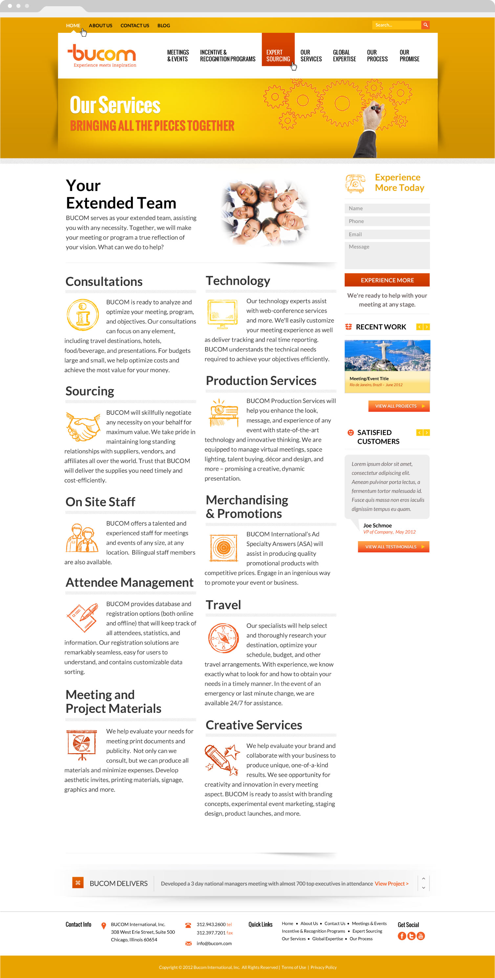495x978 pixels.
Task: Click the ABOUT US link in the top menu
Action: (100, 26)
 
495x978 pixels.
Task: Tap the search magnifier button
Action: (425, 25)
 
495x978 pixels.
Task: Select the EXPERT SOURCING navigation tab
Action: (278, 55)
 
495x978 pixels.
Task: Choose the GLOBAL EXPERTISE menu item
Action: (344, 55)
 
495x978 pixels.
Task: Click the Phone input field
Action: (387, 221)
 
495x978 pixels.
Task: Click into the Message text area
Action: (387, 255)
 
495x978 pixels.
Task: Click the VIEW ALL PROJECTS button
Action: (398, 406)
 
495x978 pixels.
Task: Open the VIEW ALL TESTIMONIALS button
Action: (393, 547)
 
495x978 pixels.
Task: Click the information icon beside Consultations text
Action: (82, 315)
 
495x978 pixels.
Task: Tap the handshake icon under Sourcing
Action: (82, 426)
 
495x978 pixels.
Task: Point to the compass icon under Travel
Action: (223, 638)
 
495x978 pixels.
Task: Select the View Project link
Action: (391, 883)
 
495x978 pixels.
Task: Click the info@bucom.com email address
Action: (214, 944)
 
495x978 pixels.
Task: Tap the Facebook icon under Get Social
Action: (402, 936)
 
